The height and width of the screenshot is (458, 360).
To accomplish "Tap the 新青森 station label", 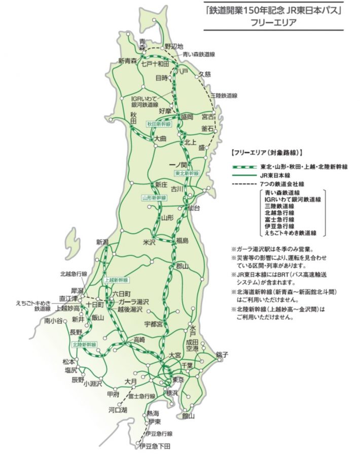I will click(x=128, y=61).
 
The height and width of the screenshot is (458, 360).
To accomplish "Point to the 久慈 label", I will click(x=204, y=74).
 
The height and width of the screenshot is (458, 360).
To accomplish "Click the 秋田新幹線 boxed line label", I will click(x=159, y=124).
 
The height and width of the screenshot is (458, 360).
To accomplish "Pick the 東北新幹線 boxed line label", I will click(x=187, y=173).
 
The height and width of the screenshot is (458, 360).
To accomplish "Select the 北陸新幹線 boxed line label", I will click(x=84, y=345).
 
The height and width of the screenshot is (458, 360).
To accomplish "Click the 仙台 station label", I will click(x=193, y=208).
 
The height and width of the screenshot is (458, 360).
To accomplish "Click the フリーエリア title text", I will click(x=271, y=23).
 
